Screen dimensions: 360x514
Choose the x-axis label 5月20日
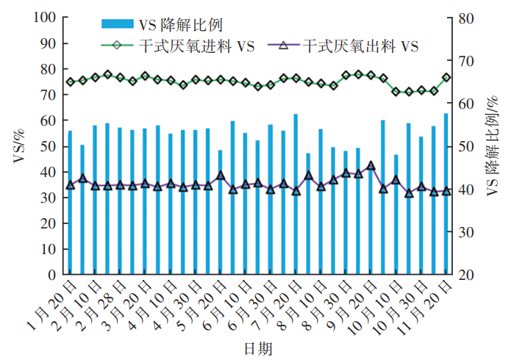pos(204,303)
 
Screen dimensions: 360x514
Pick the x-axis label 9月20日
pos(354,303)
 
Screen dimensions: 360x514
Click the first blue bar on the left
pos(70,203)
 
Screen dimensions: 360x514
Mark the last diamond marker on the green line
pos(446,77)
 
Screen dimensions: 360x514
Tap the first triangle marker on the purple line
pos(70,185)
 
